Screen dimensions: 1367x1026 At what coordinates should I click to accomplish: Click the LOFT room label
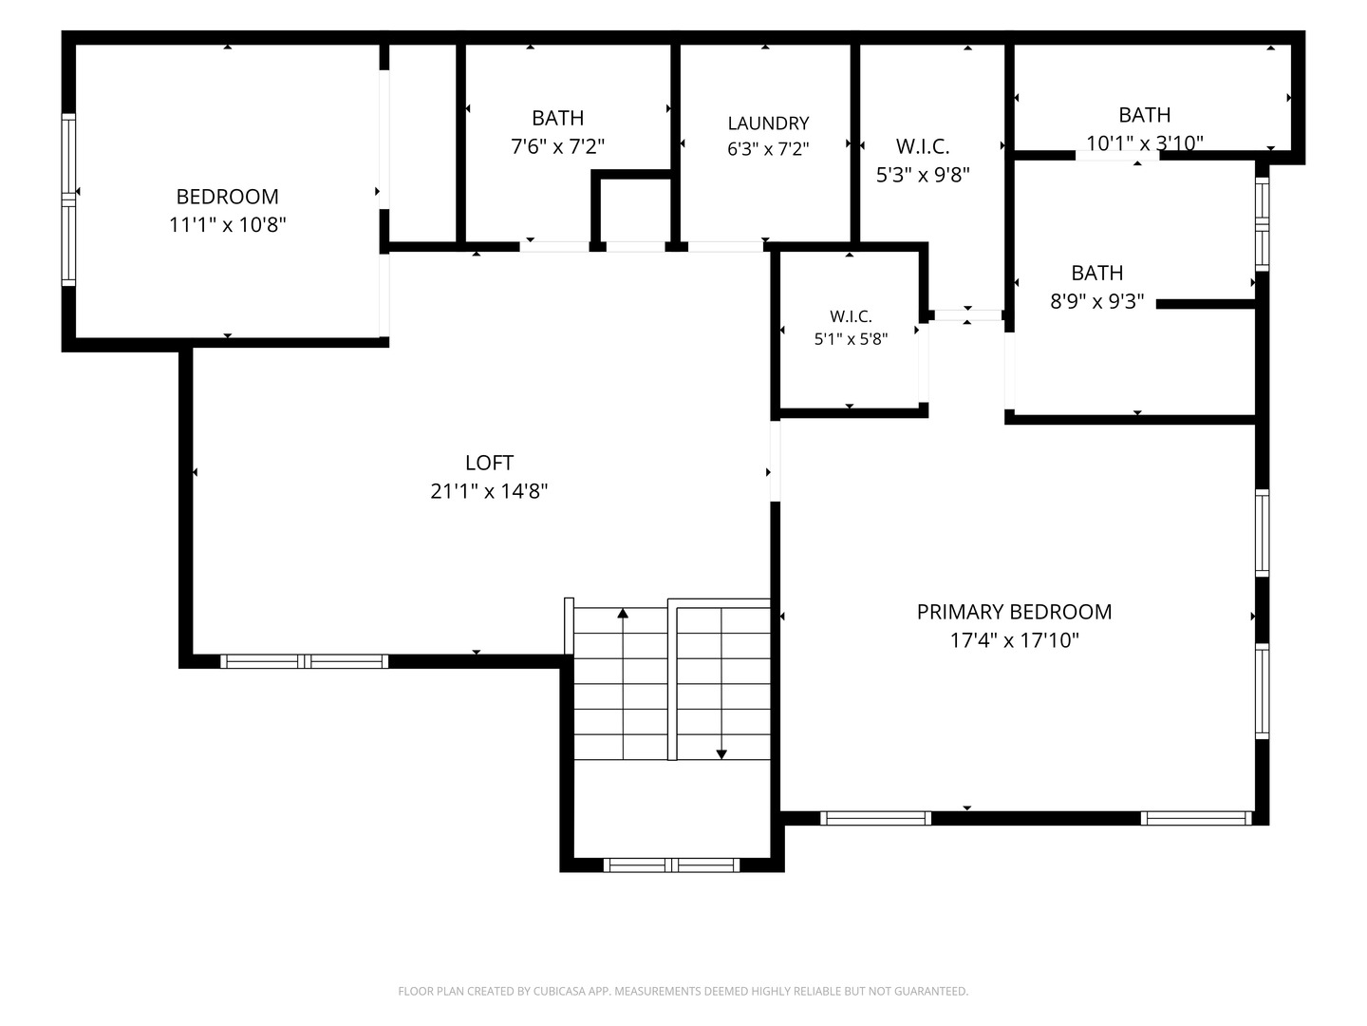point(489,463)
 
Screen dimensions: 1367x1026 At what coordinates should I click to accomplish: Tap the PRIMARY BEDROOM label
point(1014,612)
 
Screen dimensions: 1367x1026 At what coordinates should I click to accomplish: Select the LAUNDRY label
point(768,123)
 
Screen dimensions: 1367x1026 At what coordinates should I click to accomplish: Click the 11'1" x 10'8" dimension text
point(227,224)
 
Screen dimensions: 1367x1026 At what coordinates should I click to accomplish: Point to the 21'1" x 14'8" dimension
point(489,491)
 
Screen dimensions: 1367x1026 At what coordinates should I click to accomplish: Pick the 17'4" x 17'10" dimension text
point(1014,639)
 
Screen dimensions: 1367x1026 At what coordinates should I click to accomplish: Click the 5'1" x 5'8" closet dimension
point(851,339)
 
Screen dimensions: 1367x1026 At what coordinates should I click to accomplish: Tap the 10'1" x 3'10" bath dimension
point(1145,143)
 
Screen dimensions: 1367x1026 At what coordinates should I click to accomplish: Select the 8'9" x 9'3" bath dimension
point(1096,301)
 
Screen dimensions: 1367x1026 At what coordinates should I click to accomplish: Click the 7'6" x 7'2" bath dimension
point(557,146)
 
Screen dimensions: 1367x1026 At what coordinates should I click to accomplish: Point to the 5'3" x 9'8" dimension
point(923,175)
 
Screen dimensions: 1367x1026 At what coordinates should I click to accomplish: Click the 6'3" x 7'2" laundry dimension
point(768,149)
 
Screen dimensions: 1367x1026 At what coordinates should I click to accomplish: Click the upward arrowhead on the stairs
point(623,613)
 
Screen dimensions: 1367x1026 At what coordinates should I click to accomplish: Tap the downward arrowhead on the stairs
point(721,754)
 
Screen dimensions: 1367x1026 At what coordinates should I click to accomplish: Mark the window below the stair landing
point(671,864)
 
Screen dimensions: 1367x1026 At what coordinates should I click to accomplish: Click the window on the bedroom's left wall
point(68,199)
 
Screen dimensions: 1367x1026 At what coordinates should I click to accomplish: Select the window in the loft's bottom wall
point(304,661)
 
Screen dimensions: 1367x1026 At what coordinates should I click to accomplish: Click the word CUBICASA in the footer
point(558,991)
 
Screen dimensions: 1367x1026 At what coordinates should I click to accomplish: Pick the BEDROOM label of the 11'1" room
point(227,197)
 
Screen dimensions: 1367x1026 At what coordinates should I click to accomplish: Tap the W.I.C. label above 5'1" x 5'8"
point(851,316)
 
